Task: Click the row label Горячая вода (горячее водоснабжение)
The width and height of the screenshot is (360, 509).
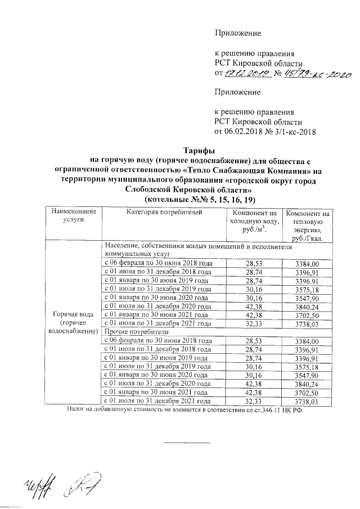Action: coord(74,322)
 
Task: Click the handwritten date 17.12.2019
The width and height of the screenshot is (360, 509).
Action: coord(247,74)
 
